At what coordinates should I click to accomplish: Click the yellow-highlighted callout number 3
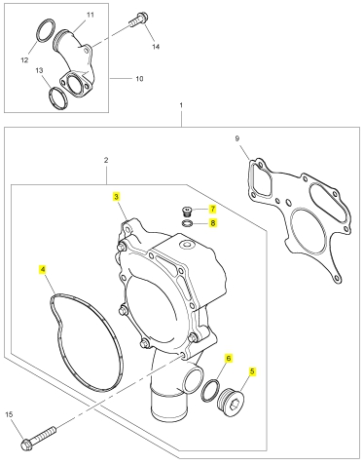click(116, 197)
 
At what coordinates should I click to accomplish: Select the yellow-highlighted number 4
click(43, 269)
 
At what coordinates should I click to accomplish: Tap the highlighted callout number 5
click(252, 371)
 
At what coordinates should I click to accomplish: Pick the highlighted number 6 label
click(229, 358)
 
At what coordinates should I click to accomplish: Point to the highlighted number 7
click(212, 209)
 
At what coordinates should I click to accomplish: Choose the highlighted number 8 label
click(213, 223)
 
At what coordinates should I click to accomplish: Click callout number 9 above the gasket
click(237, 138)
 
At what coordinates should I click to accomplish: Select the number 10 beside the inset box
click(139, 79)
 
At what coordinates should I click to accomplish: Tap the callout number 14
click(156, 47)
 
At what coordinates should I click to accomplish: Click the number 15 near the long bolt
click(9, 414)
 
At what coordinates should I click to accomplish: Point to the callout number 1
click(181, 105)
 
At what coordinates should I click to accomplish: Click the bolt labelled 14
click(138, 19)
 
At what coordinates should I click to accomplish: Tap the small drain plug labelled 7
click(187, 212)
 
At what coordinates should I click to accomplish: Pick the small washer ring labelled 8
click(187, 223)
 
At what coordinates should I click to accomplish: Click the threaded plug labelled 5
click(231, 403)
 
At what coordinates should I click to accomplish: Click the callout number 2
click(106, 160)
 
